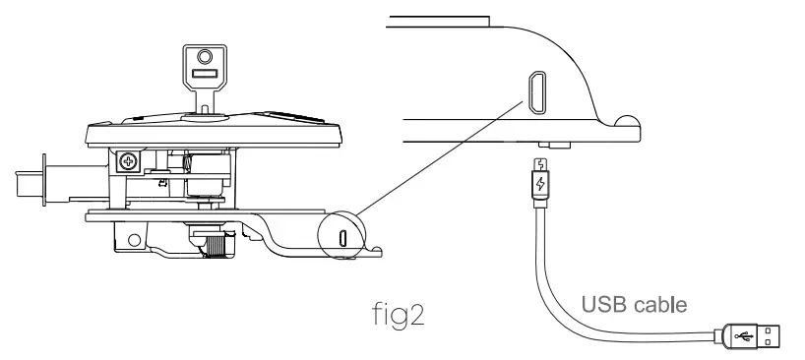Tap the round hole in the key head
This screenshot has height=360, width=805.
(206, 55)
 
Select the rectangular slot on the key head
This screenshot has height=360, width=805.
(206, 74)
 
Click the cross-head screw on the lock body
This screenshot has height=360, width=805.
(127, 159)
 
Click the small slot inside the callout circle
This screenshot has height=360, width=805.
(341, 237)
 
